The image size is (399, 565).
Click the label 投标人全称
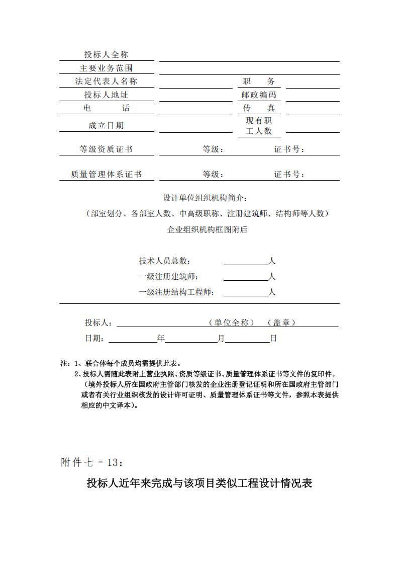106,55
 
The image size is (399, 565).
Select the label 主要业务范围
106,68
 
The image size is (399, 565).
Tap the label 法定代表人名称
106,82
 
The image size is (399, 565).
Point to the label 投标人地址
106,95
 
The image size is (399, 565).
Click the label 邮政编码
259,95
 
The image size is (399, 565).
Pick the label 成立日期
106,125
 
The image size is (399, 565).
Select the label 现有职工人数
259,126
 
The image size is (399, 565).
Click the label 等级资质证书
106,149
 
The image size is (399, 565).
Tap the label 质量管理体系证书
106,175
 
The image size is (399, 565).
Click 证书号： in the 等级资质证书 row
289,149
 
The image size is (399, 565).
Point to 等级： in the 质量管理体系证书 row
213,175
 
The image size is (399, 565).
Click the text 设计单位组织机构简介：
206,197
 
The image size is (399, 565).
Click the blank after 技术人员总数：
246,261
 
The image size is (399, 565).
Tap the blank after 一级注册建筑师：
246,277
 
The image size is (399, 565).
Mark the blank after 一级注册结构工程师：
246,292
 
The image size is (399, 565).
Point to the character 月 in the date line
221,339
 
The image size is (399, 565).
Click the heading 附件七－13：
91,462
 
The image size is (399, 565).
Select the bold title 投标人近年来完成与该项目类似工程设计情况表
199,484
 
